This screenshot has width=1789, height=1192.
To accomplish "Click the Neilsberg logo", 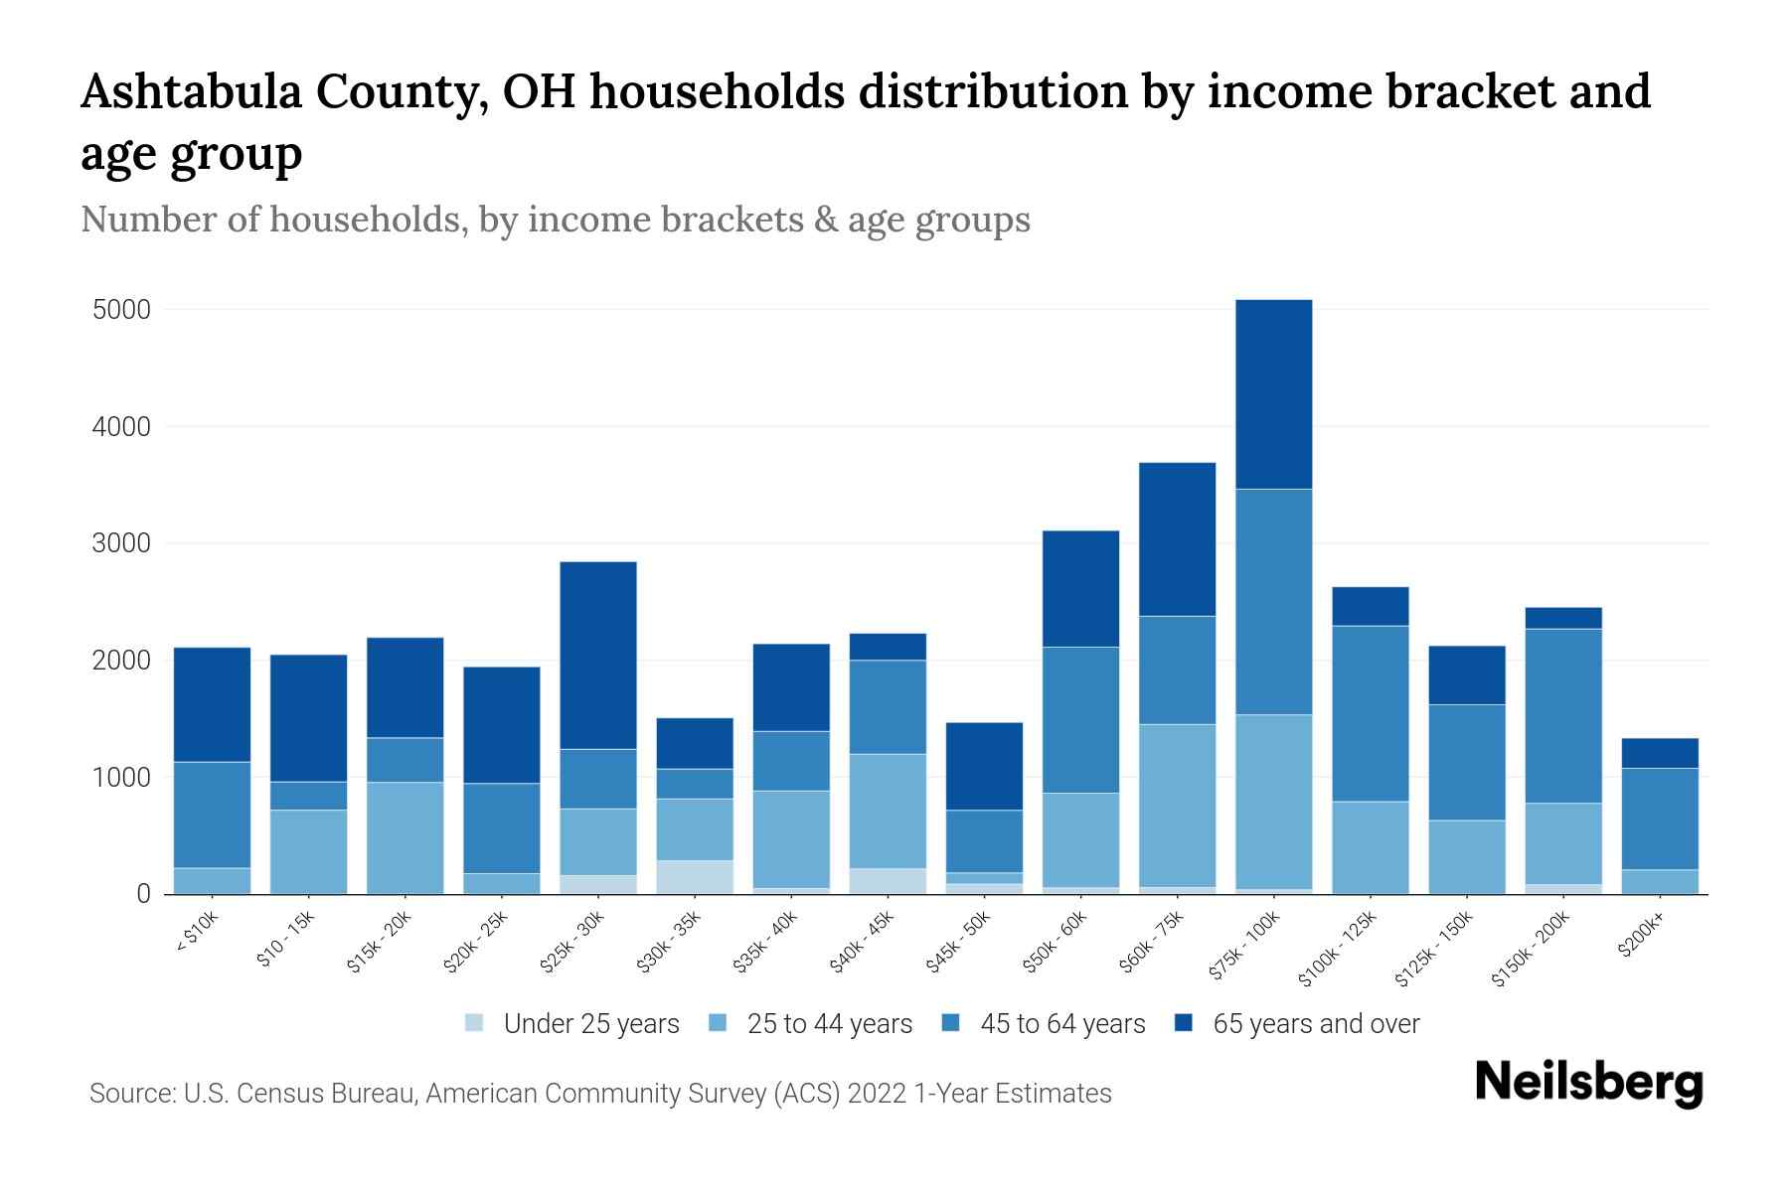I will click(1588, 1083).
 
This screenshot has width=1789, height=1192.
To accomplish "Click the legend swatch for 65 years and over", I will click(1184, 1023).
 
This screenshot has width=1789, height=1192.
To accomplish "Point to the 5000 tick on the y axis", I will click(121, 310).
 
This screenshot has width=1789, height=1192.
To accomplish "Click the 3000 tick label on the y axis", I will click(121, 544).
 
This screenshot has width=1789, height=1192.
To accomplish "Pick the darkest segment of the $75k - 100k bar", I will click(1273, 394).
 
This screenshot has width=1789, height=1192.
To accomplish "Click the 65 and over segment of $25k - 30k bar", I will click(598, 656).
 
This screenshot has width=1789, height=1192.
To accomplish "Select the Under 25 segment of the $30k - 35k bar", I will click(695, 877).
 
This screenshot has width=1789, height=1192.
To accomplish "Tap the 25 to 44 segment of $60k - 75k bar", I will click(1177, 805).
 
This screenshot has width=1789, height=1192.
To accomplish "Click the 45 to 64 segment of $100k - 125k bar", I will click(1370, 713).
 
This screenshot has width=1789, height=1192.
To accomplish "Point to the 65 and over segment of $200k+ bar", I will click(1660, 753).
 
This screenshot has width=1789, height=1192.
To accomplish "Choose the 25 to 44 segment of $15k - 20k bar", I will click(405, 837).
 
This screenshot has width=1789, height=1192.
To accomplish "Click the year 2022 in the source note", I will click(876, 1094).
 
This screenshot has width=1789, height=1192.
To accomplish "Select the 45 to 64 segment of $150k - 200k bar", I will click(1563, 715).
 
